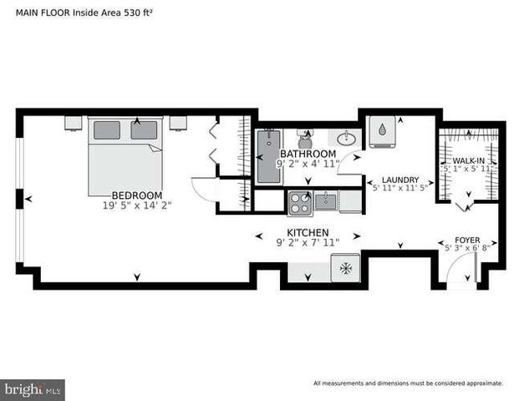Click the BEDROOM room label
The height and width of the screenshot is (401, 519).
137,195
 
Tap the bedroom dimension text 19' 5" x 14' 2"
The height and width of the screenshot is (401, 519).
137,206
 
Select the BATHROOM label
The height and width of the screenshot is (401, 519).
308,154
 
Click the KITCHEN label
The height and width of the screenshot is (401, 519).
308,232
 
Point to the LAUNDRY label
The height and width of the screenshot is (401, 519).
400,180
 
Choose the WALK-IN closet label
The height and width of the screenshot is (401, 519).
468,160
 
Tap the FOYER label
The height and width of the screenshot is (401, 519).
467,241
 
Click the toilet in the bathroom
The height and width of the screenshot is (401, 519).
304,140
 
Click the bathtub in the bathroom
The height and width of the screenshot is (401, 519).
269,156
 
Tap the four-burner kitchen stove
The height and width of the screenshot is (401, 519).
300,204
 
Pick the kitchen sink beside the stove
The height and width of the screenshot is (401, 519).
325,201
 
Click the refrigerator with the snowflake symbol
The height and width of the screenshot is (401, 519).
345,268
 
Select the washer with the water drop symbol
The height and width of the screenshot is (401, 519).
382,131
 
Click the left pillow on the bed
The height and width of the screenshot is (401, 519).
107,130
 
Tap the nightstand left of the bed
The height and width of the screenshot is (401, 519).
74,123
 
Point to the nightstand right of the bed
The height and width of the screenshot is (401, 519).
178,123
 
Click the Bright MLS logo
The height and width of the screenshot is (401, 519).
33,390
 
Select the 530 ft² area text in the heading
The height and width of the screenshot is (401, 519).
138,13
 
